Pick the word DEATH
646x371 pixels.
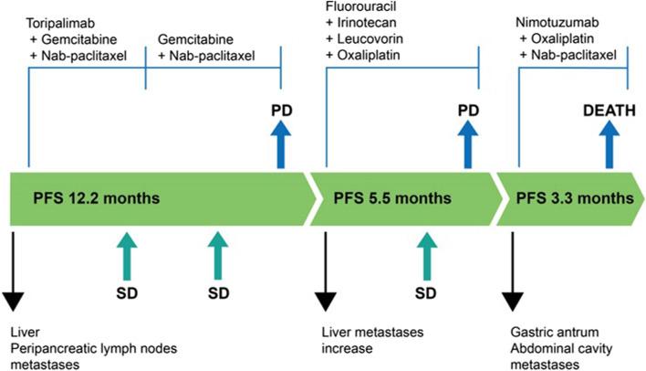[609, 112]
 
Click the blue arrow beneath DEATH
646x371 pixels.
[609, 146]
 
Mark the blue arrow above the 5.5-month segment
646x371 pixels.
[468, 146]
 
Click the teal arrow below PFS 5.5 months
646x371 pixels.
[422, 254]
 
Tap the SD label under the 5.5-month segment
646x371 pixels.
[422, 294]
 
